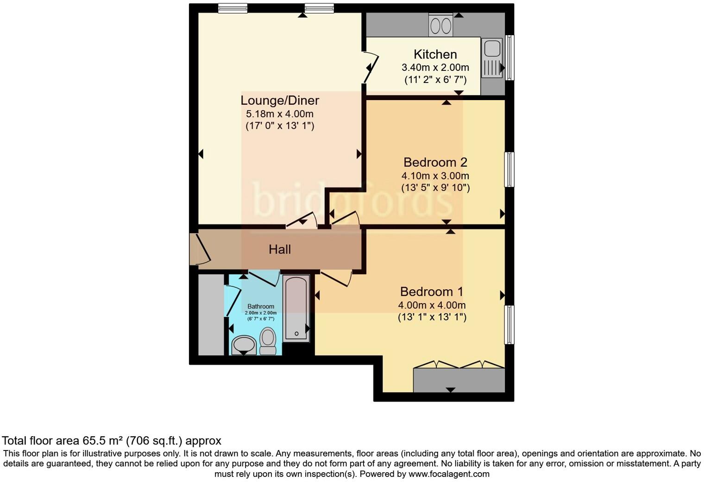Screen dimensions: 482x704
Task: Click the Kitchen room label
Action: tap(435, 54)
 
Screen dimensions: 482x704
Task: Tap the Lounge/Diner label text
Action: tap(280, 101)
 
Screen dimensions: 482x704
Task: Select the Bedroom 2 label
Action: tap(435, 162)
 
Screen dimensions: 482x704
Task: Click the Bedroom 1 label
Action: tap(431, 292)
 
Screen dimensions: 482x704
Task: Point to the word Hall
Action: tap(280, 249)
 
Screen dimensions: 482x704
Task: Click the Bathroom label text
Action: tap(261, 306)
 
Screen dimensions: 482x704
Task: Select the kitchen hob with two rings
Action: tap(440, 25)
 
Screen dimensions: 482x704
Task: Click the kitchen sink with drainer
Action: tap(491, 58)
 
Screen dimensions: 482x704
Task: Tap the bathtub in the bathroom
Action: tap(296, 308)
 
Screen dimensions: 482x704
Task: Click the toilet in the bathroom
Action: tap(268, 341)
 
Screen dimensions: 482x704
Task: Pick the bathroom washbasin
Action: tap(244, 345)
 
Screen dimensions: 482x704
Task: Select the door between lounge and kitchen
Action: tap(372, 67)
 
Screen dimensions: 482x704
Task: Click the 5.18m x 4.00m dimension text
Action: tap(280, 114)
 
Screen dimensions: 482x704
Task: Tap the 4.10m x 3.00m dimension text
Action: tap(435, 176)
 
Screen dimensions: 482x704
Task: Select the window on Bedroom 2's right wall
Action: tap(509, 169)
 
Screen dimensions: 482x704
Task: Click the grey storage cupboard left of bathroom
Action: tap(211, 315)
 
